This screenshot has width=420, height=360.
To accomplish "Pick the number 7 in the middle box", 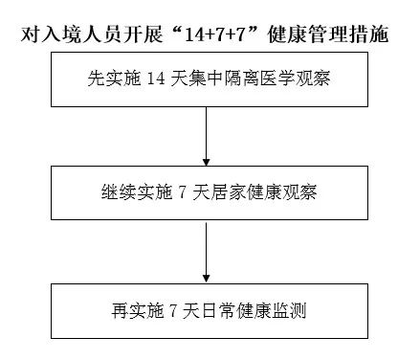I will point(181,191).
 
